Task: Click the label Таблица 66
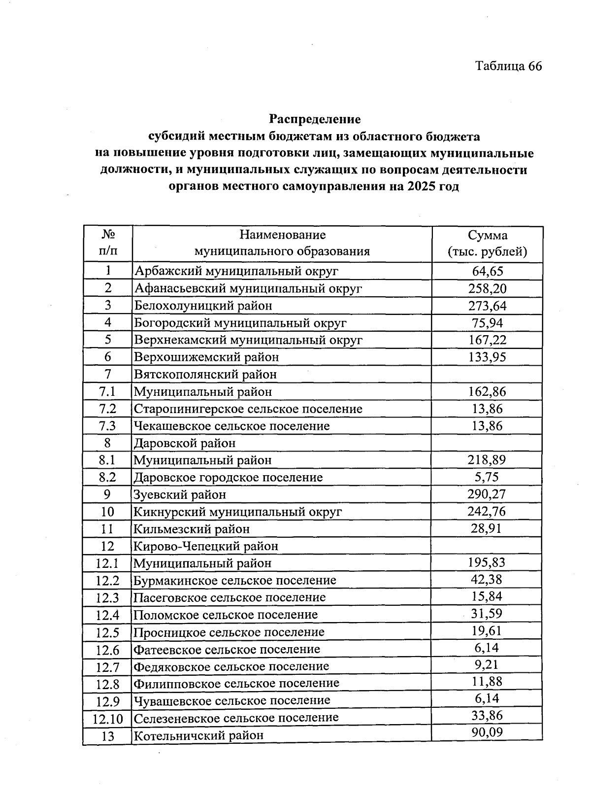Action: [x=508, y=66]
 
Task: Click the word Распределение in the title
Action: [x=314, y=119]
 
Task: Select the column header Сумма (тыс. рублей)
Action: [x=487, y=243]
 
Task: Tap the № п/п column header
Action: [x=108, y=243]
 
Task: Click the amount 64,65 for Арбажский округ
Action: [x=487, y=271]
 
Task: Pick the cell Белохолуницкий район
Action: [x=203, y=306]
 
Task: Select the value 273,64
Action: [x=487, y=306]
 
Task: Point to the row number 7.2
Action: [x=107, y=409]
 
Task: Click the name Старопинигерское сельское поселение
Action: [x=248, y=409]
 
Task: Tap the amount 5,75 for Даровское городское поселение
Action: [x=487, y=477]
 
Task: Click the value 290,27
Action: [x=487, y=494]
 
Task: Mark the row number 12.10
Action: [x=108, y=719]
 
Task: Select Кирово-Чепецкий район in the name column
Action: [x=206, y=546]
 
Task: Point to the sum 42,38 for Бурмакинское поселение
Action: [x=487, y=580]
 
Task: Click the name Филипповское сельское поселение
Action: [x=236, y=683]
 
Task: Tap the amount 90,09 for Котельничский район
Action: [x=487, y=732]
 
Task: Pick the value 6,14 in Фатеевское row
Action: [x=487, y=648]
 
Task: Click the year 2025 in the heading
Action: [x=421, y=187]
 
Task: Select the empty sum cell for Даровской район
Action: [x=487, y=443]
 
